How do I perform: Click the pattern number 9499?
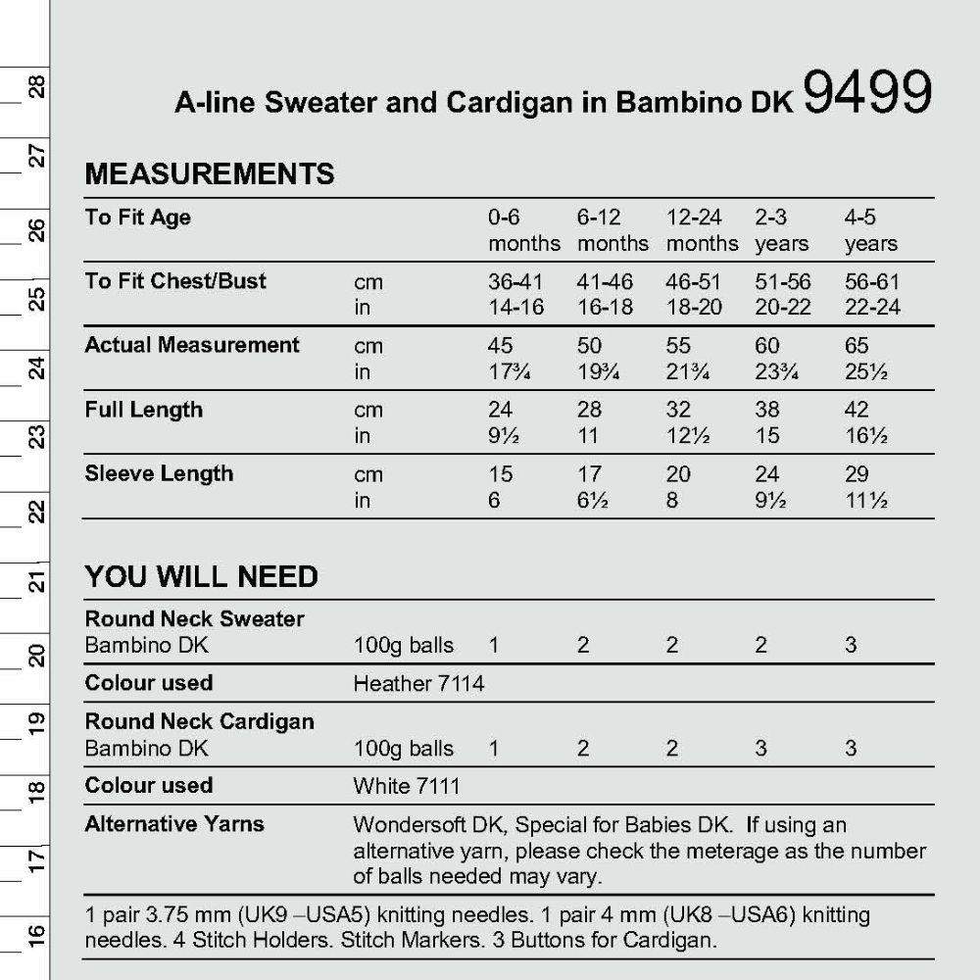(866, 95)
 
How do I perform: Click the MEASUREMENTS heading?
(210, 174)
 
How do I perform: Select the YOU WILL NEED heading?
(201, 576)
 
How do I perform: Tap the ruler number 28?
(36, 89)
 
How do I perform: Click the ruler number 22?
(36, 512)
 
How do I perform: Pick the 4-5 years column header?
(870, 230)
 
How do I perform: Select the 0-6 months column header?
(523, 230)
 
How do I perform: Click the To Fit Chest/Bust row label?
(175, 281)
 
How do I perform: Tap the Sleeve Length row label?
(159, 474)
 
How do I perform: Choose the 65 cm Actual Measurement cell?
(857, 346)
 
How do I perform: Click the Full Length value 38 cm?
(767, 410)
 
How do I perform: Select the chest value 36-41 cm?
(515, 282)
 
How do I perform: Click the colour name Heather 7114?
(418, 683)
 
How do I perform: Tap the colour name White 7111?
(406, 786)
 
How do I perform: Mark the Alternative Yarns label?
(174, 824)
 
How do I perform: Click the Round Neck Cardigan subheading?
(200, 721)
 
